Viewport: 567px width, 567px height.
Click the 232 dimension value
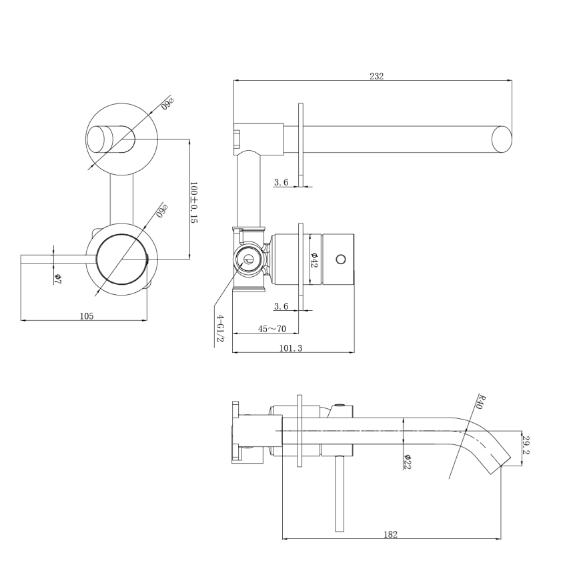click(376, 76)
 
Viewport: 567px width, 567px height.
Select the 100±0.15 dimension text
click(194, 202)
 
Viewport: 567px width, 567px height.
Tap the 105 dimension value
click(87, 316)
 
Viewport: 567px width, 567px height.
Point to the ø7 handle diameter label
click(57, 277)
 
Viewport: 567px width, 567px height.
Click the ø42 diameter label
click(315, 259)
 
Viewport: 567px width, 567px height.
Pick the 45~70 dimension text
click(272, 328)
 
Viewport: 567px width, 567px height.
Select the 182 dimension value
click(392, 534)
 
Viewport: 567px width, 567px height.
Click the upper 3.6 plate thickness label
click(281, 181)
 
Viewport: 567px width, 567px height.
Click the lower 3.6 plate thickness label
click(281, 306)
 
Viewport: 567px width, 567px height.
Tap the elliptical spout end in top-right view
click(501, 139)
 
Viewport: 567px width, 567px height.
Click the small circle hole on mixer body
click(342, 259)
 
